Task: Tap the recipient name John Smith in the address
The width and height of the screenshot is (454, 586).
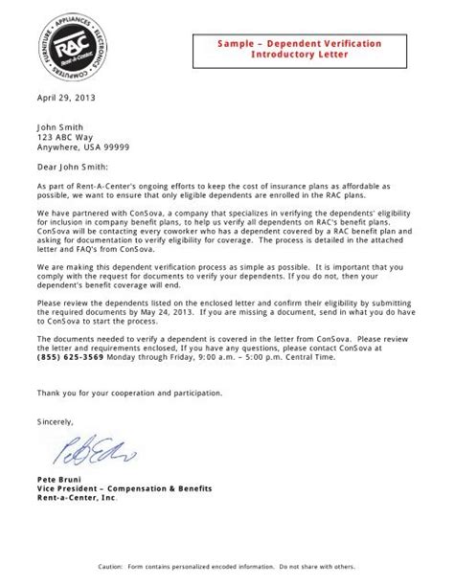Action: click(60, 125)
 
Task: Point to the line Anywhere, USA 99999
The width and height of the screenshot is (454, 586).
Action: click(83, 147)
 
